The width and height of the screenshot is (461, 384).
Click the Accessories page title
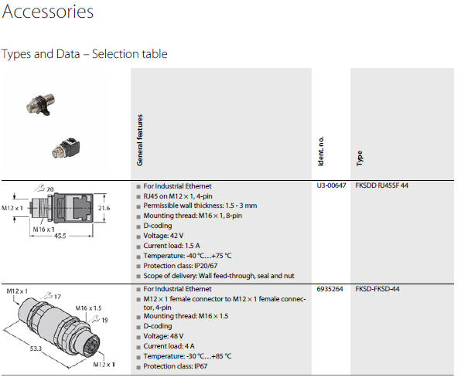point(48,12)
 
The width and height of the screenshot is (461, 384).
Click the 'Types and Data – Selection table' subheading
point(84,54)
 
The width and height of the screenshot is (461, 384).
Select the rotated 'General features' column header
point(140,140)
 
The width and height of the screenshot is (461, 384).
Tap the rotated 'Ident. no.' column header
point(321,151)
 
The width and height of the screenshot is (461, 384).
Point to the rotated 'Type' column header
point(359,158)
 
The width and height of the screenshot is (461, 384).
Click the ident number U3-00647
point(331,185)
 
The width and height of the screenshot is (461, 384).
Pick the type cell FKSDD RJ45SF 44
point(381,185)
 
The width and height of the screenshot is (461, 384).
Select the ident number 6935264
point(330,289)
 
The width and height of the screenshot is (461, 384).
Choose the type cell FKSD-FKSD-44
point(377,289)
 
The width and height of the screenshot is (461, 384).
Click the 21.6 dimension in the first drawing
point(104,208)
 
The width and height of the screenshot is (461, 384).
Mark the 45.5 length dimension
point(60,236)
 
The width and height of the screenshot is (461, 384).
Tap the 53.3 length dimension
point(36,348)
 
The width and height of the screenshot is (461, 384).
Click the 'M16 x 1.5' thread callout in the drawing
point(88,308)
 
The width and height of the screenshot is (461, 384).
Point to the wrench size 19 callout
point(101,320)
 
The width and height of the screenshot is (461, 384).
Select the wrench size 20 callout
point(44,189)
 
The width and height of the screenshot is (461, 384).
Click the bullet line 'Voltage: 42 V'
point(163,236)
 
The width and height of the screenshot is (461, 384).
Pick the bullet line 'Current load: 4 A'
point(169,346)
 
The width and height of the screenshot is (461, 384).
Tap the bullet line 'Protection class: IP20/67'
point(180,266)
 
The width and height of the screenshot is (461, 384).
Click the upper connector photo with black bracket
point(40,105)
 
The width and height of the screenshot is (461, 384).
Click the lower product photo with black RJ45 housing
point(66,148)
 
